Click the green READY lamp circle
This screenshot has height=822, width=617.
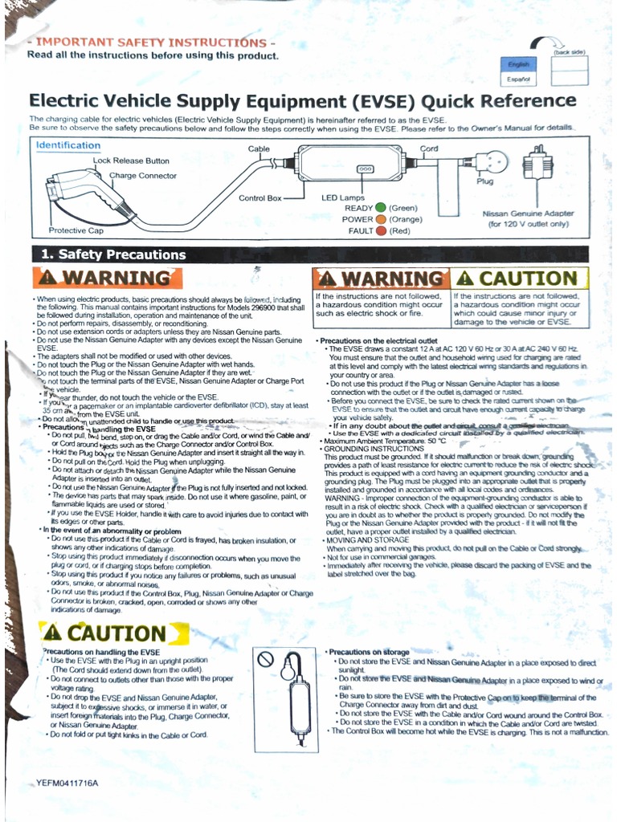pos(380,208)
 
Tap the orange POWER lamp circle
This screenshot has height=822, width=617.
pos(380,219)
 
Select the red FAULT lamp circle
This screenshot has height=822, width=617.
pos(381,231)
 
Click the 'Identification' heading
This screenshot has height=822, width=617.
pos(68,145)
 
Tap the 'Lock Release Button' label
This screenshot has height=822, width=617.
pos(131,161)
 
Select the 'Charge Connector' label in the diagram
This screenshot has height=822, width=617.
pos(143,176)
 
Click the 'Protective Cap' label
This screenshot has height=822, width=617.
pos(76,230)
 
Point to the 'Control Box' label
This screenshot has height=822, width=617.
pos(260,197)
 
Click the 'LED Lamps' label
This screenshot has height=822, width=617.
pos(343,197)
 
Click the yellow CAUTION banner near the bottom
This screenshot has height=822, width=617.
pos(114,633)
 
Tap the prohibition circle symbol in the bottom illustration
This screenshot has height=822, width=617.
pos(267,659)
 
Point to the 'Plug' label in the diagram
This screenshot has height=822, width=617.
pos(484,182)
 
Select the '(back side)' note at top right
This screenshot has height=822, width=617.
pos(569,51)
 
